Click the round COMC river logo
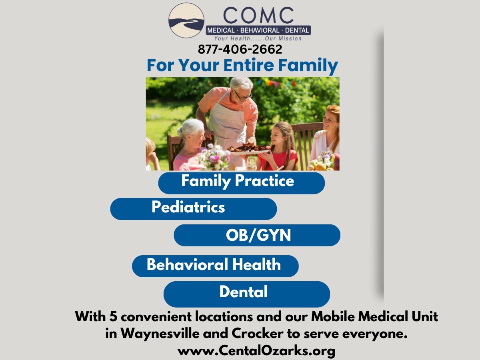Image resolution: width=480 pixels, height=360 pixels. pyautogui.click(x=186, y=20)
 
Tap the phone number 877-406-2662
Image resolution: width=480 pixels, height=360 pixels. pyautogui.click(x=240, y=49)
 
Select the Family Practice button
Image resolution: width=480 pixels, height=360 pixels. pyautogui.click(x=242, y=183)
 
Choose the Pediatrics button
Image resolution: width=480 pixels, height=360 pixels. pyautogui.click(x=194, y=209)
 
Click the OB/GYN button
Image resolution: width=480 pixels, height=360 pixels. pyautogui.click(x=257, y=235)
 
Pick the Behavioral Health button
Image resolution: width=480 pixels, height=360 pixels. pyautogui.click(x=215, y=266)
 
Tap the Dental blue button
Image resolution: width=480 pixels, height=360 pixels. pyautogui.click(x=247, y=294)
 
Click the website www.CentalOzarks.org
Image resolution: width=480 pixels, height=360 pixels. pyautogui.click(x=256, y=351)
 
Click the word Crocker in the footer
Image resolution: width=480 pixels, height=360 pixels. pyautogui.click(x=257, y=334)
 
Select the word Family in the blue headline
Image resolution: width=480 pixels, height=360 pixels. pyautogui.click(x=308, y=66)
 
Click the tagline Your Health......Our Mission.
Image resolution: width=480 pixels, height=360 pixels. pyautogui.click(x=259, y=38)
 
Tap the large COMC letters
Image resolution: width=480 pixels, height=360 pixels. pyautogui.click(x=258, y=15)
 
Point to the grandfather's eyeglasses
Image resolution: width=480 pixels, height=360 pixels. pyautogui.click(x=243, y=96)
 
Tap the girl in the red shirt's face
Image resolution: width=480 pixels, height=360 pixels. pyautogui.click(x=277, y=135)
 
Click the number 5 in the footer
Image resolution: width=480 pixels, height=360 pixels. pyautogui.click(x=113, y=316)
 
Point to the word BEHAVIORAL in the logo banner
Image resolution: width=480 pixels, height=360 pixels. pyautogui.click(x=260, y=30)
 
